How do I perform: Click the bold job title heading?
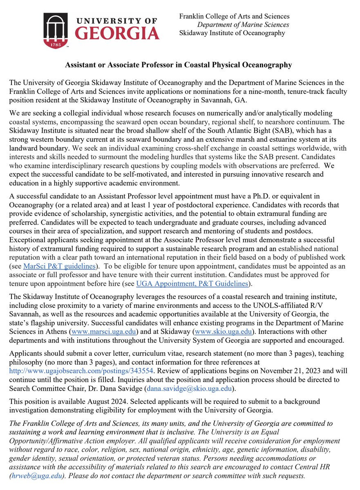pos(180,65)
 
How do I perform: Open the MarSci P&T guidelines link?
pos(60,266)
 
